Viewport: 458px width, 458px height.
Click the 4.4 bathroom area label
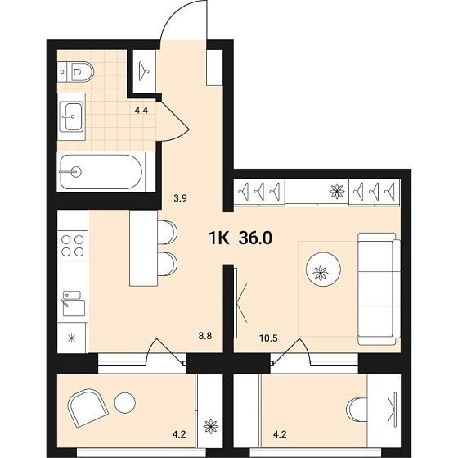click(141, 111)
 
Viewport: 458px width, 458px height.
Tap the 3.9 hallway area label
click(180, 199)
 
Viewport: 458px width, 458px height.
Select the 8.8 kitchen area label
click(204, 336)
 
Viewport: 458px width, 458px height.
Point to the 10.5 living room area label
click(268, 338)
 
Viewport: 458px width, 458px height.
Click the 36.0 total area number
click(255, 238)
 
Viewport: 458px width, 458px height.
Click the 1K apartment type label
click(219, 238)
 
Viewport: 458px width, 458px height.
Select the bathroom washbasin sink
click(71, 116)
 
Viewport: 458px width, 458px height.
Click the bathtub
click(101, 172)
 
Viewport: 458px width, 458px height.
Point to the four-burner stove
click(73, 246)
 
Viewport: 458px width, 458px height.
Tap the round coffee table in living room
click(323, 270)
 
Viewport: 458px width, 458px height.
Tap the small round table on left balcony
click(125, 402)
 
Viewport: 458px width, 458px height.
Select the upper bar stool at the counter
click(168, 233)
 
